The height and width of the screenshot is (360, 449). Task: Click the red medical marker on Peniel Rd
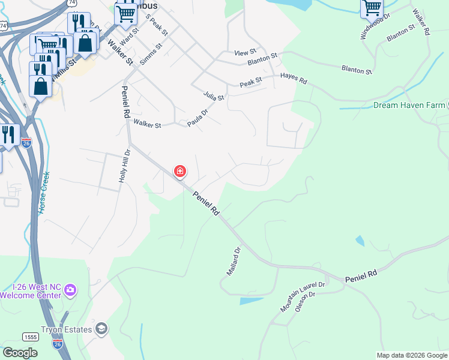coord(179,172)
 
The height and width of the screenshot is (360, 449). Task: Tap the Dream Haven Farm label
coord(408,105)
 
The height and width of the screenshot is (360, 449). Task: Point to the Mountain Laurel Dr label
coord(302,296)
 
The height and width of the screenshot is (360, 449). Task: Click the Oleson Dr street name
coord(304,302)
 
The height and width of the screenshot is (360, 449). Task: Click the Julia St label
coord(213,96)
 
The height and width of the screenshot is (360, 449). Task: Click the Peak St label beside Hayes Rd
coord(251,80)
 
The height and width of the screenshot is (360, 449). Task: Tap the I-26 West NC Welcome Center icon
coord(71,290)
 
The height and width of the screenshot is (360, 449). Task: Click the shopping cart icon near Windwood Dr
coord(372,8)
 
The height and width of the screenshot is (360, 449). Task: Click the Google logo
coord(20,353)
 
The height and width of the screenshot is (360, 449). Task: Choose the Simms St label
coord(151,55)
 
